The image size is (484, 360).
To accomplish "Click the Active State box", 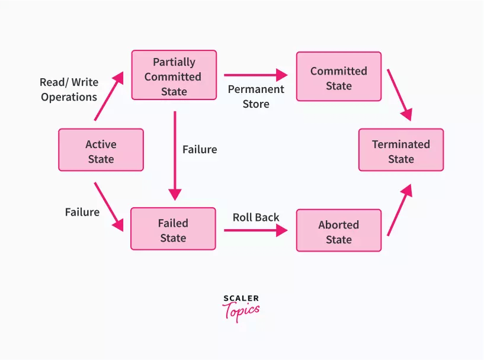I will pos(101,150).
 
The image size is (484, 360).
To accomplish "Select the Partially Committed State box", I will pos(174,75).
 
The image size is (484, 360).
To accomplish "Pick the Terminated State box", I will pos(400,150).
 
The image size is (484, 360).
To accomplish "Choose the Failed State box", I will pos(173,229).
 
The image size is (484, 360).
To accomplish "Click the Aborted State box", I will pos(338,231).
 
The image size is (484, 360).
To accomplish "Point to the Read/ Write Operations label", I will pos(69,89).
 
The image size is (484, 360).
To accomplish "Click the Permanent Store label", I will pos(256,97).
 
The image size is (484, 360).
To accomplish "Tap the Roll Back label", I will pos(256,217).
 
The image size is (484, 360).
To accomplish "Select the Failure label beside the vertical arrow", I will pos(200,150).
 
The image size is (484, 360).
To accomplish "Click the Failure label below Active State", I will pos(82,211).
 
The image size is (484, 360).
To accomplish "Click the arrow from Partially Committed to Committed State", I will pos(255,75).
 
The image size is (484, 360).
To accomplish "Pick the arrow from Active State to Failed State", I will pos(108,207).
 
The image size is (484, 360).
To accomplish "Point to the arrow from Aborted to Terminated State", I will pos(399,210).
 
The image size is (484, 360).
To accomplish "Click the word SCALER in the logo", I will pos(242,299).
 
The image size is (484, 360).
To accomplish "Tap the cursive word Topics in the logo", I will pos(241,311).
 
